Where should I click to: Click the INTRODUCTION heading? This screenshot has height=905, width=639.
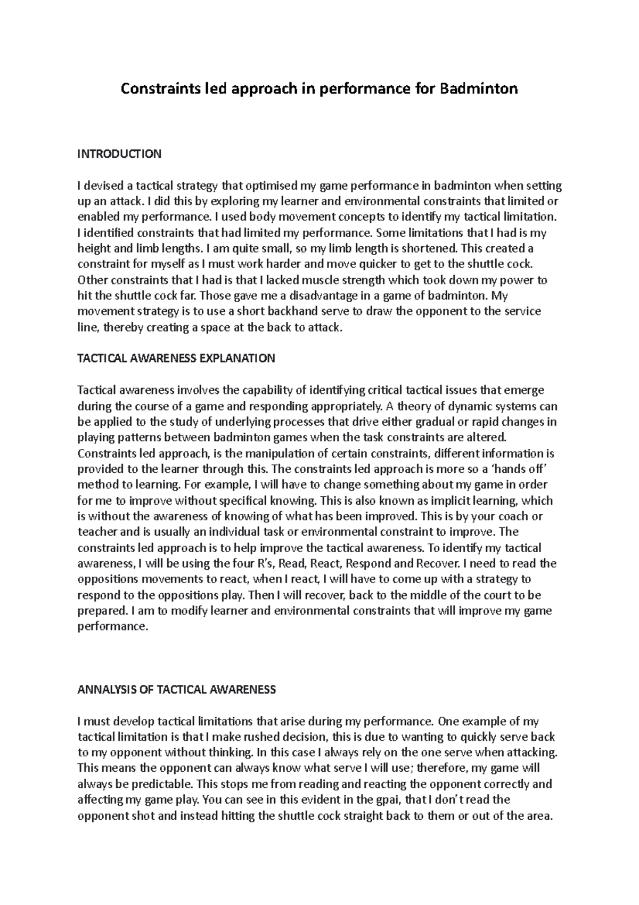point(119,155)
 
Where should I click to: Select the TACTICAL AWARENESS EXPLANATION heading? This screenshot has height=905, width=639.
point(176,359)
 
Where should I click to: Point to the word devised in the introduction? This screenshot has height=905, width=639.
point(103,186)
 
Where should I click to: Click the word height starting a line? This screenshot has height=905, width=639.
point(93,248)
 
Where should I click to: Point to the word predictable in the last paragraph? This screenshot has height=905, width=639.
point(162,784)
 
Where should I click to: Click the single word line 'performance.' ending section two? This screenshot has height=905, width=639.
point(112,626)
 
